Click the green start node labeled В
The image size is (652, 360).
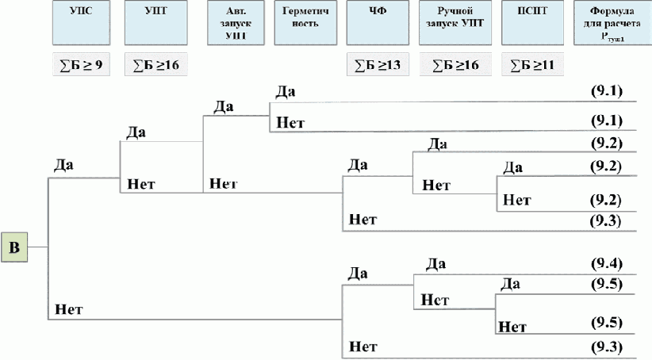(x=14, y=247)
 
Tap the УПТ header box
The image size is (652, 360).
(x=156, y=22)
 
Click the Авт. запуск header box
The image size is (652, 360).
(x=234, y=22)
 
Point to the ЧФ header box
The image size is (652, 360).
(x=378, y=22)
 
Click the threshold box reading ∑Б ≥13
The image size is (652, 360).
(x=378, y=64)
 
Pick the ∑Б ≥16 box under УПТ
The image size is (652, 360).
(x=156, y=64)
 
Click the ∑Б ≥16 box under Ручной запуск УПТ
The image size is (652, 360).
(x=455, y=64)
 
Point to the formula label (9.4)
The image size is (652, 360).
(x=606, y=262)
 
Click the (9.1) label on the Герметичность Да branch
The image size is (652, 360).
(x=606, y=91)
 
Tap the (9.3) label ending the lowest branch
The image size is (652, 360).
(x=606, y=347)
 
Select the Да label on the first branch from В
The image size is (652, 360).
(x=64, y=166)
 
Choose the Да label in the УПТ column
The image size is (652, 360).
(x=136, y=132)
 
